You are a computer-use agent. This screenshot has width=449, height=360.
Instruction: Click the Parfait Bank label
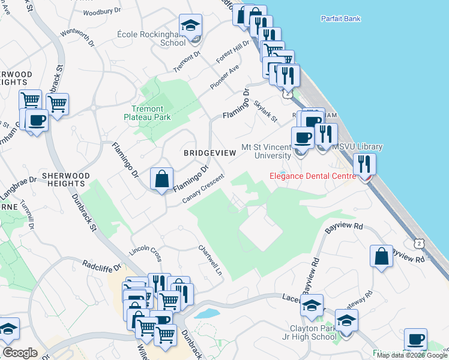[x=340, y=19]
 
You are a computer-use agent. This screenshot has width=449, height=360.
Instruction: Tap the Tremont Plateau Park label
[x=148, y=113]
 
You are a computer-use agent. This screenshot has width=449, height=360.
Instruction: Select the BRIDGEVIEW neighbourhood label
[x=209, y=153]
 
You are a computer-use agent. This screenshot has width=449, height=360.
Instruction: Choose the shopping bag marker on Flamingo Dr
[x=162, y=178]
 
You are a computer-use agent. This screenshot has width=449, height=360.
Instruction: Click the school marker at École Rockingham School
[x=191, y=26]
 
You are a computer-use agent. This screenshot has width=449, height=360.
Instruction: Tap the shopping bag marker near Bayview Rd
[x=381, y=256]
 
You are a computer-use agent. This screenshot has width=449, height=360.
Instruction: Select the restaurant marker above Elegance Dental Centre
[x=364, y=164]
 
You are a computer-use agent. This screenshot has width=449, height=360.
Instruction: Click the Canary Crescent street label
[x=204, y=188]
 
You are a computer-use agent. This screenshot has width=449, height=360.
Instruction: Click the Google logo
[x=20, y=353]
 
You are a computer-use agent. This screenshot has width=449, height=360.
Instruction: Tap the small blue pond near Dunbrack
[x=206, y=313]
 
